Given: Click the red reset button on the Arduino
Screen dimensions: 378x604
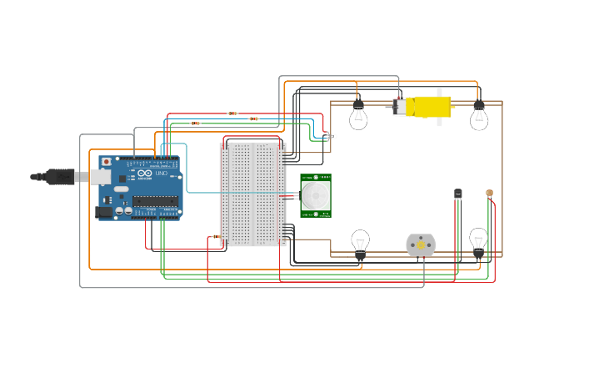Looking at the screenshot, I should [106, 161].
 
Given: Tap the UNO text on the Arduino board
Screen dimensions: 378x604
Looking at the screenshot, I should [162, 173].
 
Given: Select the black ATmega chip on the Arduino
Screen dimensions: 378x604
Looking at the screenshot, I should [155, 201].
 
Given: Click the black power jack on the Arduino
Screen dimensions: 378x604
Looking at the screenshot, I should [104, 212].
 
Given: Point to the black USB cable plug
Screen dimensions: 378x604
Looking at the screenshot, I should [58, 176].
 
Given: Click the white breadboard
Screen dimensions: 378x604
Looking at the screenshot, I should [252, 194].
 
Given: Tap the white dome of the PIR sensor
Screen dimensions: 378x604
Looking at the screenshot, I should [316, 196].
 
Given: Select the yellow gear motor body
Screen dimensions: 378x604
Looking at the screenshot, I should [429, 107].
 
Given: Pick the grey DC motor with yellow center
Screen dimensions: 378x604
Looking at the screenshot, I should [421, 245].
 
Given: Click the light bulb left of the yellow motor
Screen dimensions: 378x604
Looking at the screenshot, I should [358, 116].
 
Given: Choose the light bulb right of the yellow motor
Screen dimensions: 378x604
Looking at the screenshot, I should [479, 116].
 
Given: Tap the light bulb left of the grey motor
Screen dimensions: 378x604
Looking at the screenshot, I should [360, 243].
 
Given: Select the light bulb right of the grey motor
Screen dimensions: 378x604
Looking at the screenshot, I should [478, 241].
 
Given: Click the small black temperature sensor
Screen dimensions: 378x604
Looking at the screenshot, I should [457, 194].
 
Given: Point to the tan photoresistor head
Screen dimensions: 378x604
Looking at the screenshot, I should [489, 193].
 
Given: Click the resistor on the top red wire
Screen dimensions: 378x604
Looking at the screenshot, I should [232, 113].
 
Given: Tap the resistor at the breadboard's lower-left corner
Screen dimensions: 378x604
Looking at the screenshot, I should [217, 237].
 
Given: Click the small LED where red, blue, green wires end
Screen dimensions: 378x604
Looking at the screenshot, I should [332, 136].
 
